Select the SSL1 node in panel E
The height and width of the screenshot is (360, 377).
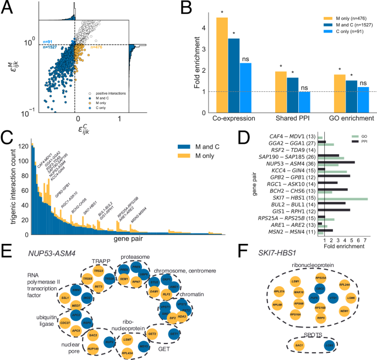pos(64,297)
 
